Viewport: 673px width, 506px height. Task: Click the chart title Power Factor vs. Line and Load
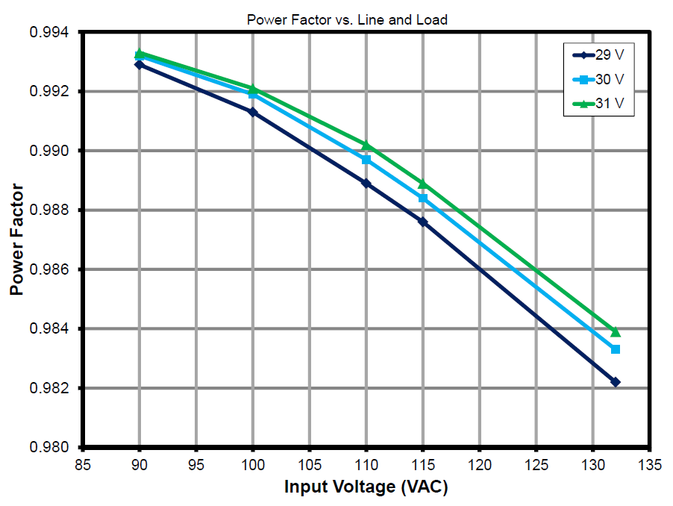(347, 20)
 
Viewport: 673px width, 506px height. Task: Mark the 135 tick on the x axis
(650, 465)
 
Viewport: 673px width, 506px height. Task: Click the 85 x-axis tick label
(83, 465)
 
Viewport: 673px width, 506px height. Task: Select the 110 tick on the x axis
(366, 465)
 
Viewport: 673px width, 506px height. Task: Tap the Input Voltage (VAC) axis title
(366, 487)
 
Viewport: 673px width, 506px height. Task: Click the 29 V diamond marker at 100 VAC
(253, 112)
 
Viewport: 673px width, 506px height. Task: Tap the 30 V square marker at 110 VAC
(366, 160)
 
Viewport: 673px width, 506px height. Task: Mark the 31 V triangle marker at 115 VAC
(423, 184)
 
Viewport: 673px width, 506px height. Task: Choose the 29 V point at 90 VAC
(140, 65)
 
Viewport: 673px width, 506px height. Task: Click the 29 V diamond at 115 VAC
(423, 222)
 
